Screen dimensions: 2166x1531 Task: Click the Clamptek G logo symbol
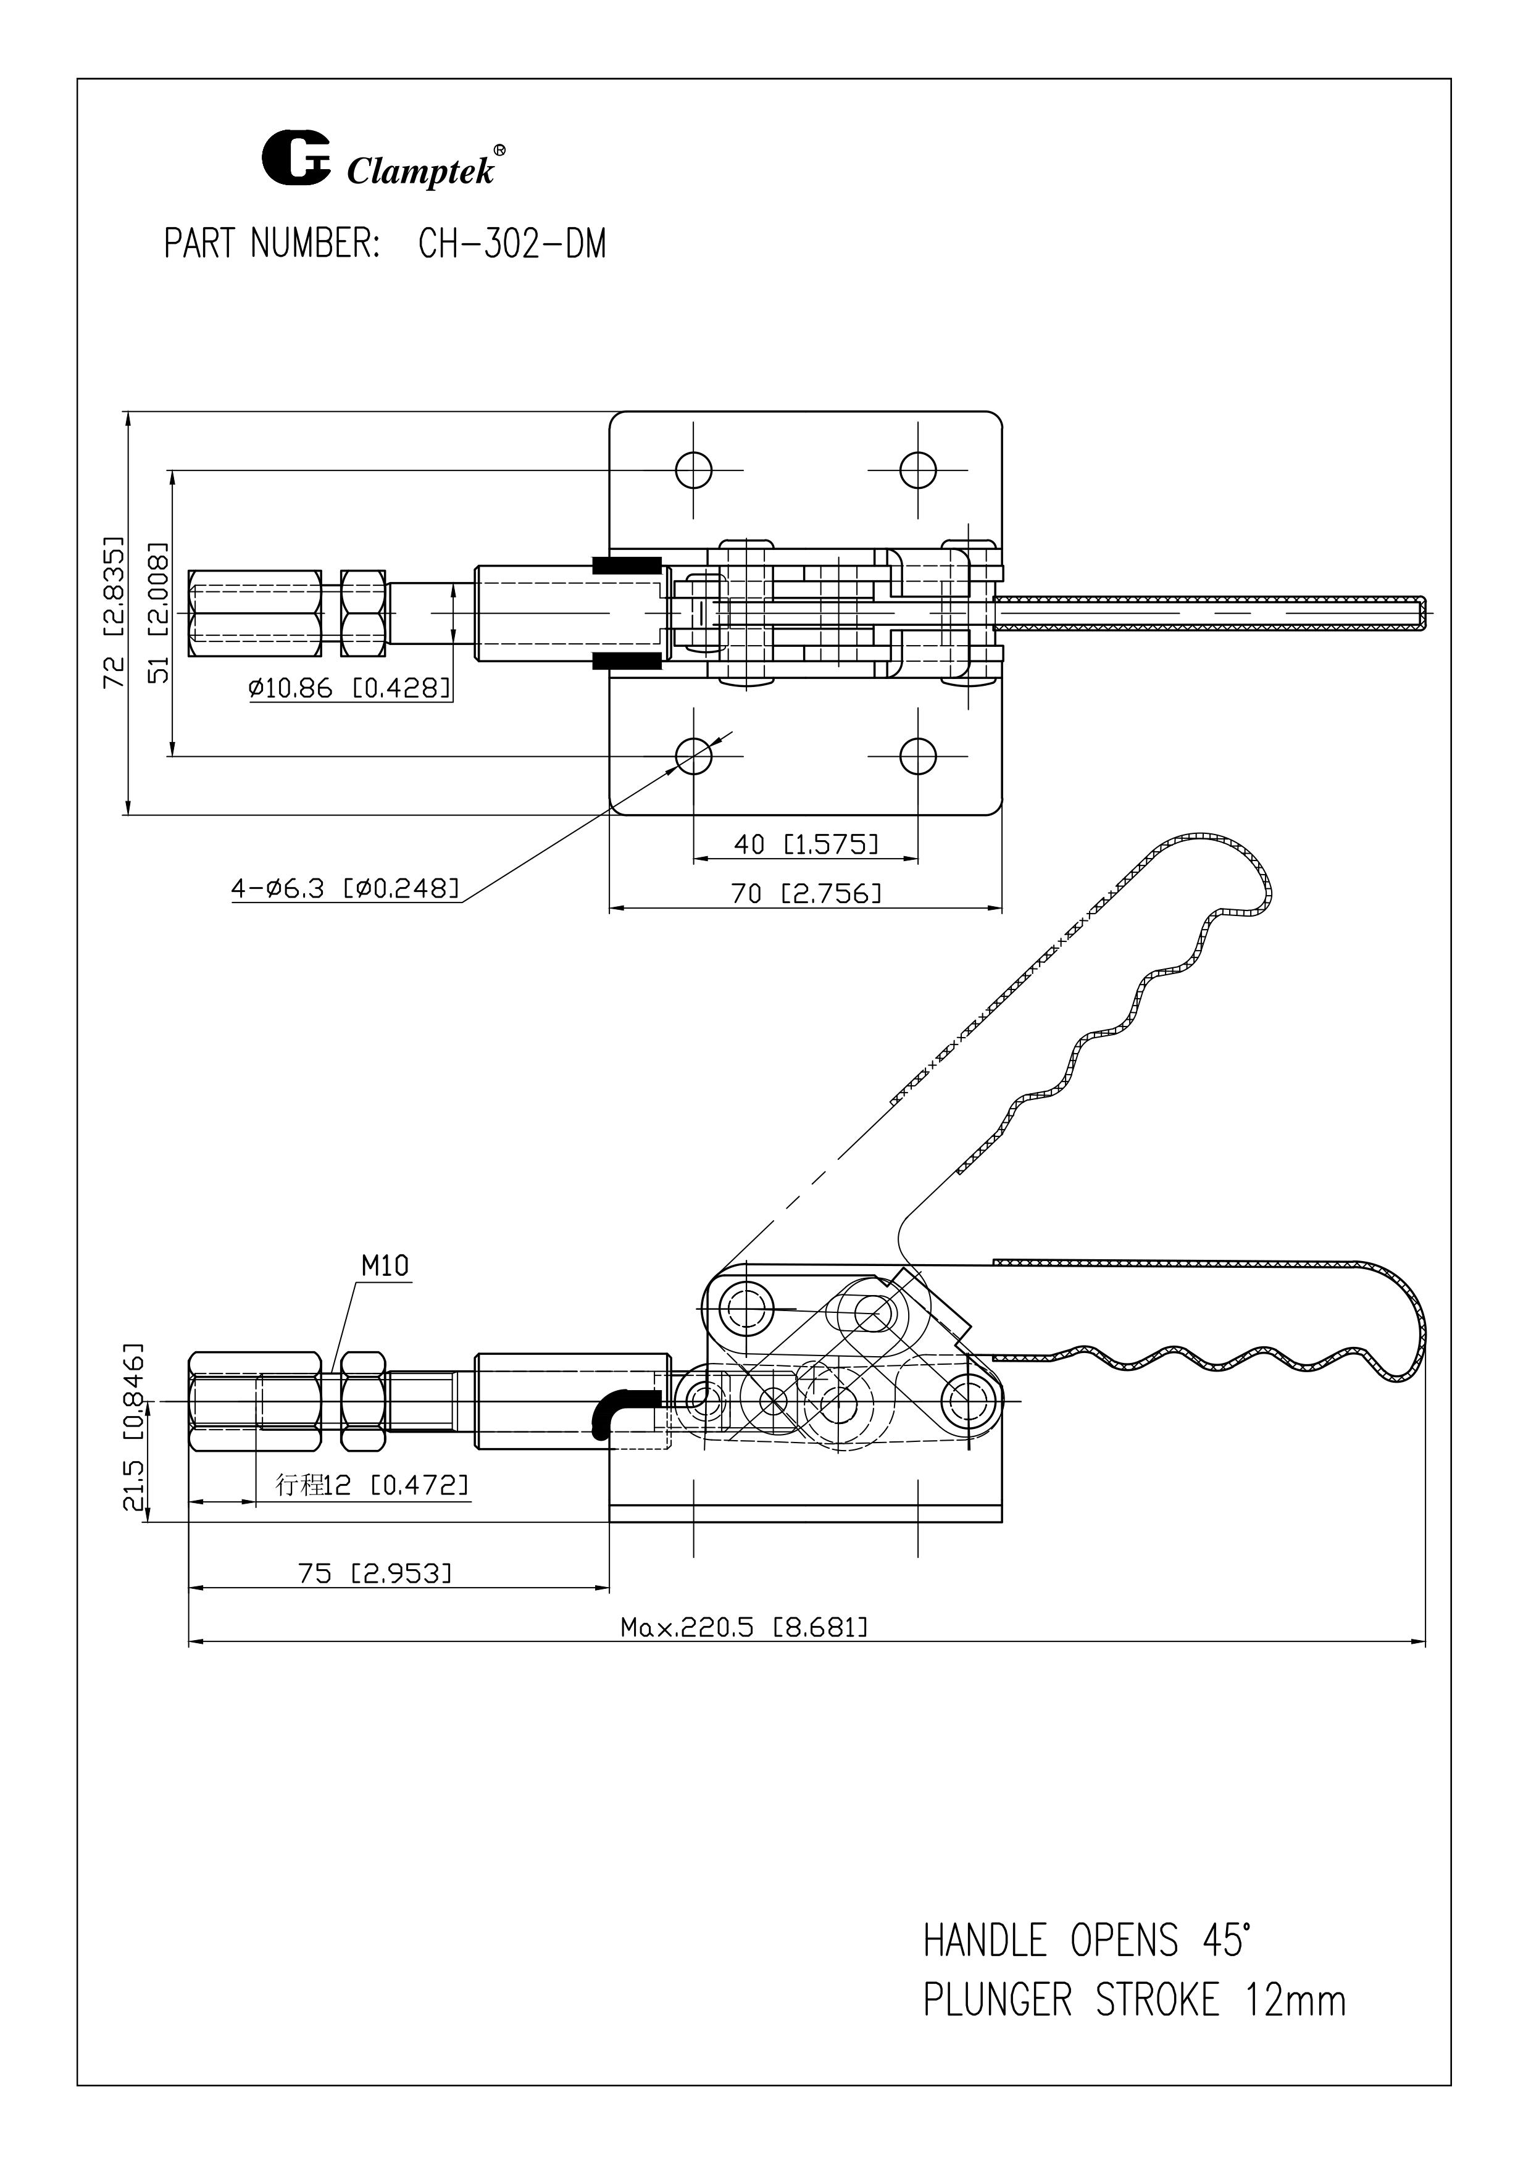295,159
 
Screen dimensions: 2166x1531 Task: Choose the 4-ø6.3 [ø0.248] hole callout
346,888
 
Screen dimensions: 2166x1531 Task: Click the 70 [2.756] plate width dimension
806,893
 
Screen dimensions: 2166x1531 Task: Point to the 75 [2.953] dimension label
375,1573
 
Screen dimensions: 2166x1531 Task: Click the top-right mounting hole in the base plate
917,469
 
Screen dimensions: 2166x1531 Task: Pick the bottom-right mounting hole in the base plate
917,756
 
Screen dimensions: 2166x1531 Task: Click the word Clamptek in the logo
421,172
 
